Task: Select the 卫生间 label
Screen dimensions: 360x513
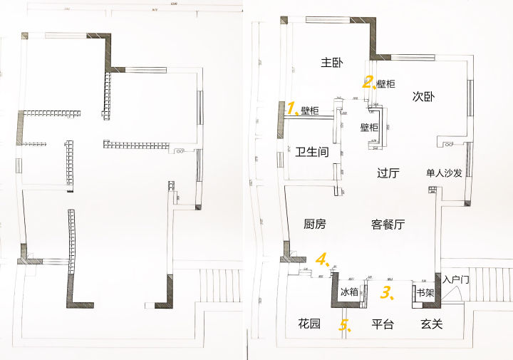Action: click(312, 152)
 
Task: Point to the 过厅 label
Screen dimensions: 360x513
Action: click(389, 172)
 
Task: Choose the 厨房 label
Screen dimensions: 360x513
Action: click(314, 225)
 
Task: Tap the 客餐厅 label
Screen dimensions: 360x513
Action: click(388, 225)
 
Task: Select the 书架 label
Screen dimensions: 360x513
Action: click(425, 292)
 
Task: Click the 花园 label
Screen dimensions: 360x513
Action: click(309, 324)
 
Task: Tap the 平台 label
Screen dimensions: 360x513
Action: click(383, 324)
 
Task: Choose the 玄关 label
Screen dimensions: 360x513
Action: click(432, 324)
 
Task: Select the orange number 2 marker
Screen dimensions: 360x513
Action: click(368, 82)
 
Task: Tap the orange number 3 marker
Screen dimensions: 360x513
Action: click(387, 292)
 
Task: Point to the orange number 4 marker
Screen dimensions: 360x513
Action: click(323, 259)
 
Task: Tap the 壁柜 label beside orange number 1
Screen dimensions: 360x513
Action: click(310, 110)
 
